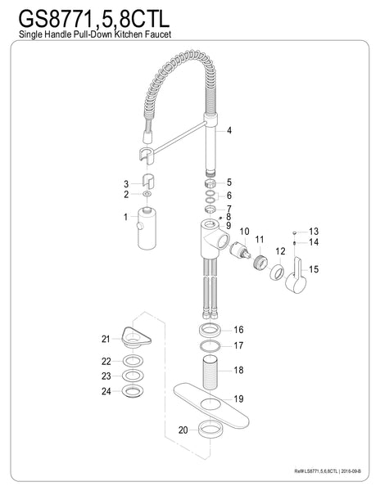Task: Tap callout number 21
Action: [106, 339]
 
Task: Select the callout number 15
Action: [314, 268]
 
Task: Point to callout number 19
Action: [238, 400]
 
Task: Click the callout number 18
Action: [238, 370]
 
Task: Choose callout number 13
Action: [313, 232]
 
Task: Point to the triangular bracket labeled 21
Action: [132, 333]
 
